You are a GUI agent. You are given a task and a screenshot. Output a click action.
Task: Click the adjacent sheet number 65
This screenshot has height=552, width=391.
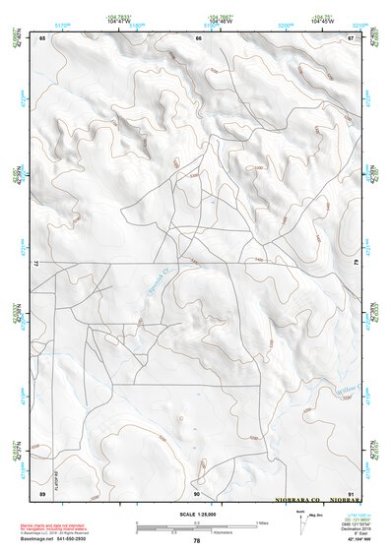point(43,38)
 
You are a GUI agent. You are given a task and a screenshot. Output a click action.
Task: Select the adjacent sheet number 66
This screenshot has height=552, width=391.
point(198,38)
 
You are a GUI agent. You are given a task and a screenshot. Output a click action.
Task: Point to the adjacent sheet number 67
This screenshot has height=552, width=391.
point(351,38)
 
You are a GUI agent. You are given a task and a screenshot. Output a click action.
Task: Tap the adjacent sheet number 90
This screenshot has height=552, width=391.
point(198,493)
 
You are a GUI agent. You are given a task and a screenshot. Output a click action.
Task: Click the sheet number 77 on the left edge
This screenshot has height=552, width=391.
point(41,264)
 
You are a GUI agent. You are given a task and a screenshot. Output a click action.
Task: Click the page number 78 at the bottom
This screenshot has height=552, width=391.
point(197,540)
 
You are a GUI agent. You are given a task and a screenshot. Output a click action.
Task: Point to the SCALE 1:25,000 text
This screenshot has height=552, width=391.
point(197,514)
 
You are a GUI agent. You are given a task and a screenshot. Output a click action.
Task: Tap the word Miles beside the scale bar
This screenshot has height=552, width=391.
point(263,522)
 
